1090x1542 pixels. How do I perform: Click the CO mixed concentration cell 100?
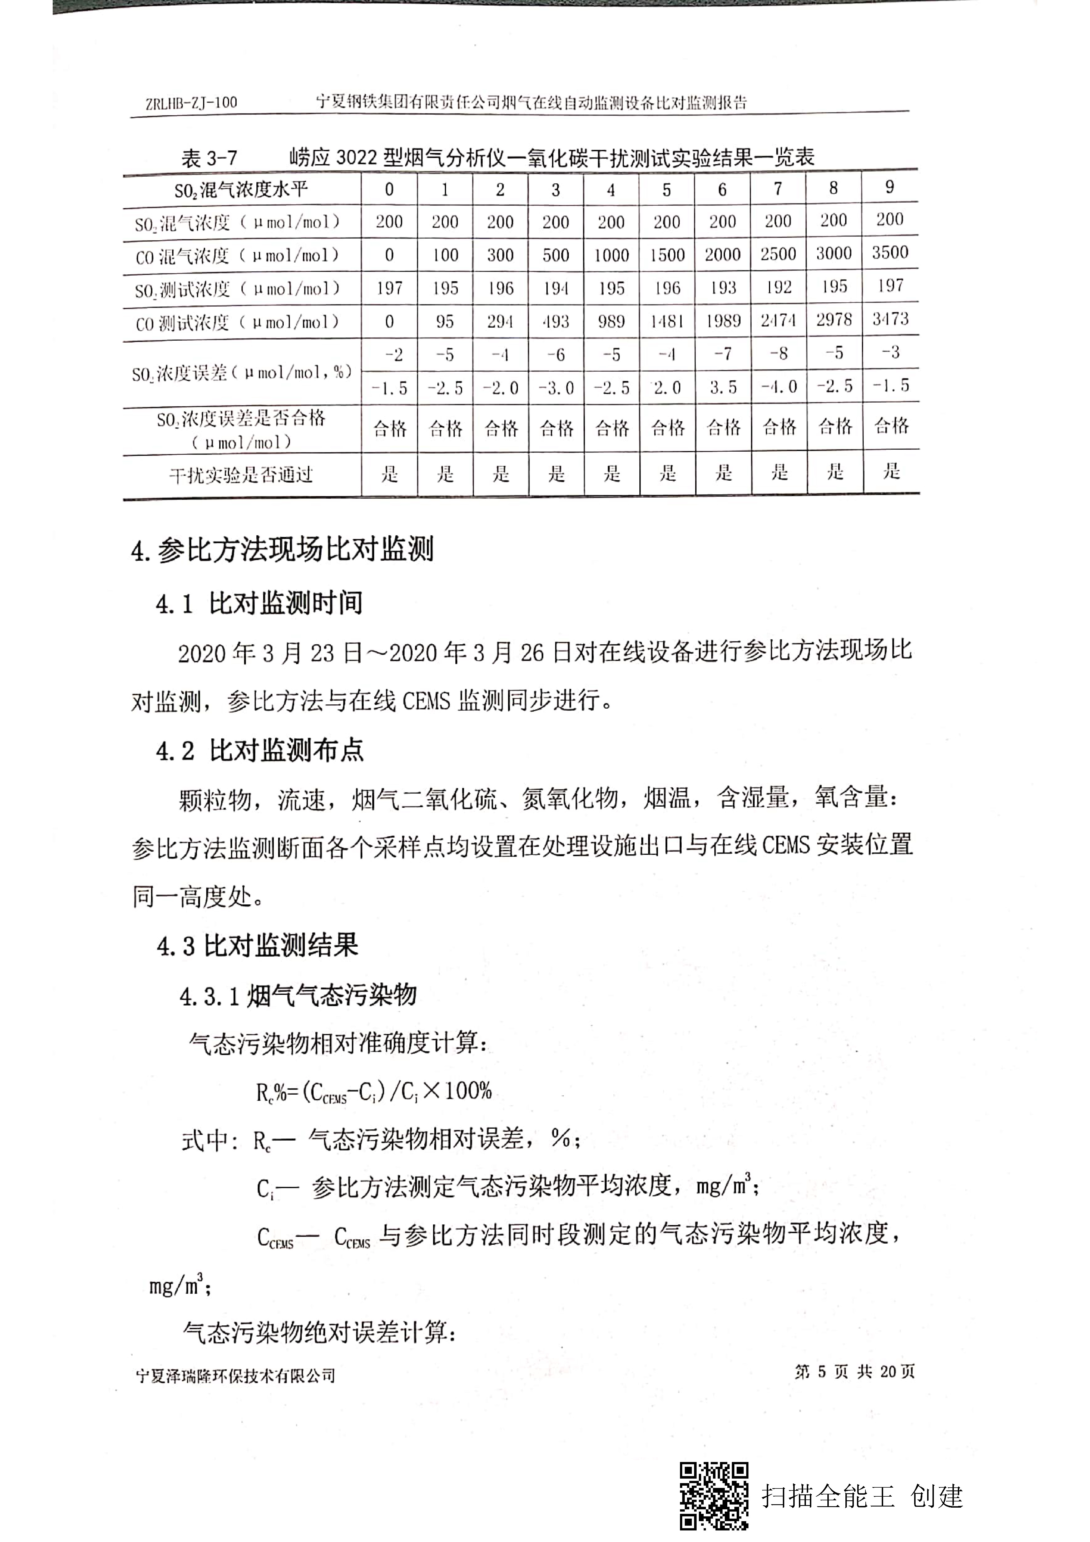coord(445,255)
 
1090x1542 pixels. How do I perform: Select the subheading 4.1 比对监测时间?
coord(259,603)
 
